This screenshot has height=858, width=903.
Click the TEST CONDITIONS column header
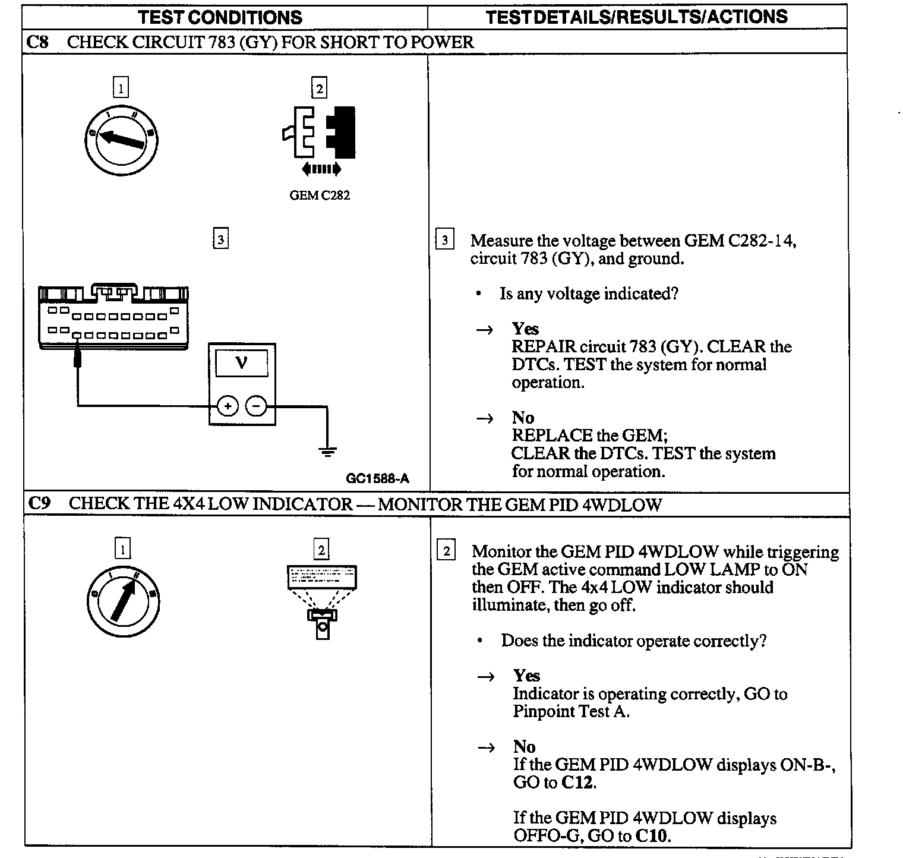tap(220, 17)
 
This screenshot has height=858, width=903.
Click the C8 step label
tap(37, 42)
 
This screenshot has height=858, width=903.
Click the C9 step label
tap(39, 503)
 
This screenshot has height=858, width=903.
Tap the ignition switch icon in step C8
tap(122, 140)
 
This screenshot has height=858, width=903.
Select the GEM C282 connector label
tap(320, 195)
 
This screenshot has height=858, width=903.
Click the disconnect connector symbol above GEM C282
tap(319, 134)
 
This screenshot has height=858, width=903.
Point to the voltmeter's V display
tap(241, 362)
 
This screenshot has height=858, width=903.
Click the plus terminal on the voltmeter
tap(227, 406)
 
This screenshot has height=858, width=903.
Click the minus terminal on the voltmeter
tap(256, 406)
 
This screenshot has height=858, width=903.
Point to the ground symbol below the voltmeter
tap(327, 452)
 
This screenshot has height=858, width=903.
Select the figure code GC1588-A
tap(377, 479)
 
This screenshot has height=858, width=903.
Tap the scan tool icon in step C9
tap(322, 600)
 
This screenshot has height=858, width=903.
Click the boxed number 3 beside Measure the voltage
tap(444, 241)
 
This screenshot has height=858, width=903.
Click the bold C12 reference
tap(577, 783)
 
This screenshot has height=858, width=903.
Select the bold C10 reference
tap(652, 836)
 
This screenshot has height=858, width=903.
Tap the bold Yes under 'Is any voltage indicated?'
tap(525, 329)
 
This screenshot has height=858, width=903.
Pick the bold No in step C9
tap(524, 747)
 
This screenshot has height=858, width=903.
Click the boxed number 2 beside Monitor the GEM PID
tap(446, 551)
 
